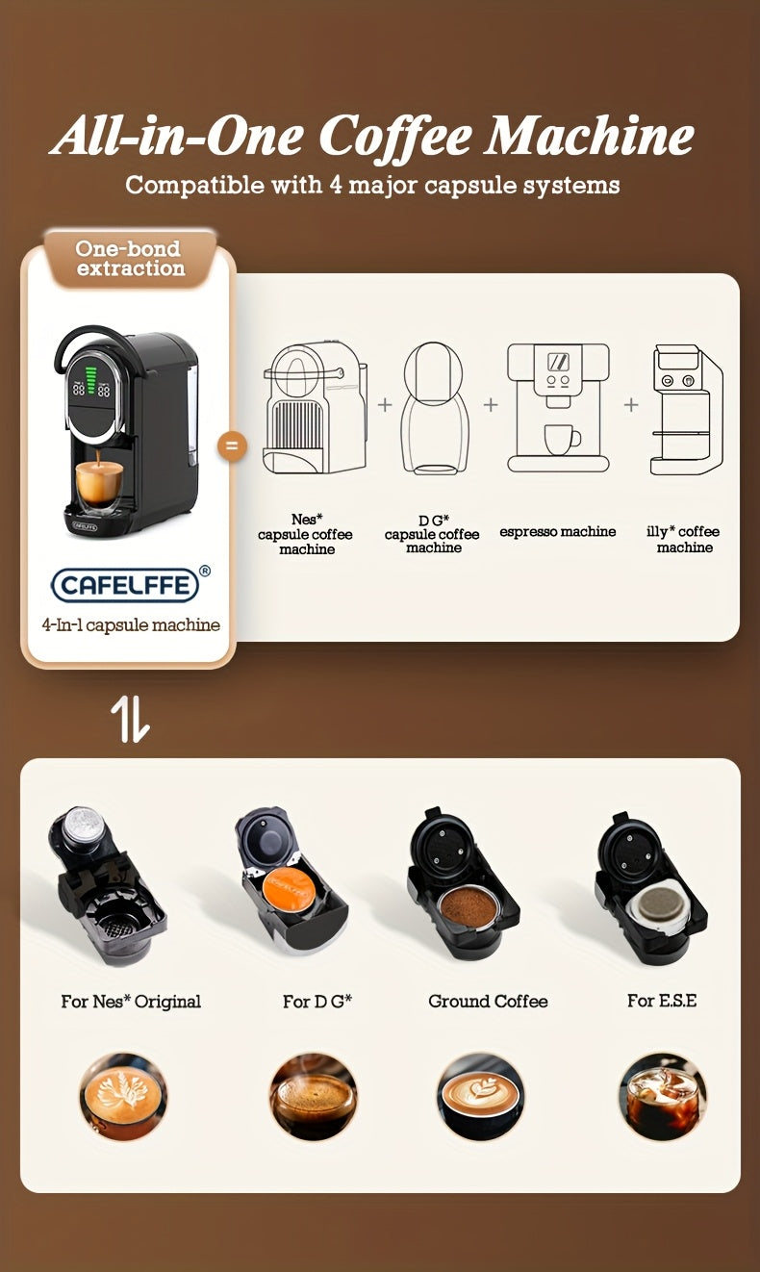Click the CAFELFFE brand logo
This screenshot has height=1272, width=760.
[x=126, y=585]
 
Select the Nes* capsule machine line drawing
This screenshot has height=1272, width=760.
[x=314, y=408]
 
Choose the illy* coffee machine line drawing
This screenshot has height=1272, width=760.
[x=686, y=409]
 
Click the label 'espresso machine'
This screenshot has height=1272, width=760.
[x=558, y=532]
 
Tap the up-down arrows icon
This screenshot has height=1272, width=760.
[x=131, y=719]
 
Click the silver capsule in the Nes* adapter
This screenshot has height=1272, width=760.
[x=83, y=825]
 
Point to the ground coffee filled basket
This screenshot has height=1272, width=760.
[x=469, y=905]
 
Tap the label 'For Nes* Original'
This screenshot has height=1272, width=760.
[x=131, y=1002]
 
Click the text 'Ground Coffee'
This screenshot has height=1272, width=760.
[x=488, y=1002]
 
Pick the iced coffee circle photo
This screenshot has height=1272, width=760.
[x=662, y=1097]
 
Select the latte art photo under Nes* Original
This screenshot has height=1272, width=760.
[x=123, y=1097]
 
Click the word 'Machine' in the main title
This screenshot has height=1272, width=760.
[x=589, y=136]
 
